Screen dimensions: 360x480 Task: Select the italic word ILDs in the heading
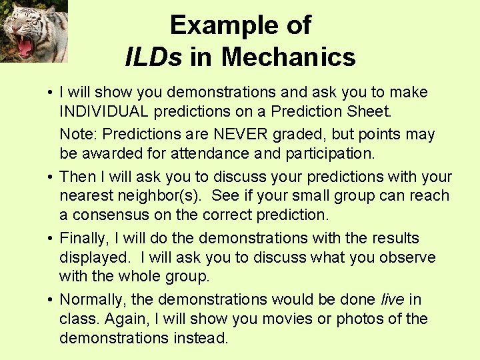[153, 57]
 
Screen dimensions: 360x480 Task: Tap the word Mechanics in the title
[288, 57]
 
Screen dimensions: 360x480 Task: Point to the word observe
[409, 257]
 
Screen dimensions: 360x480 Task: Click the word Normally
[91, 300]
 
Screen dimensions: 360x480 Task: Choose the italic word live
[392, 300]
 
